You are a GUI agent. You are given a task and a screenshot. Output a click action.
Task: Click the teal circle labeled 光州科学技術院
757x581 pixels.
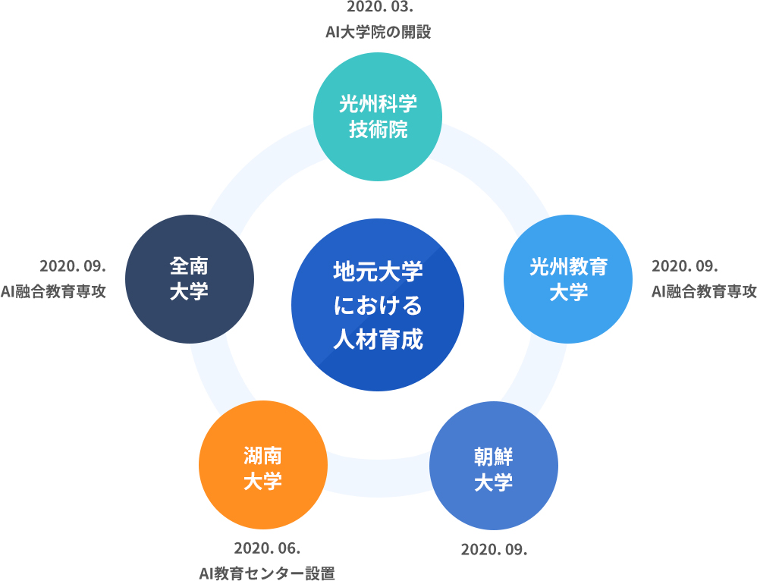point(378,117)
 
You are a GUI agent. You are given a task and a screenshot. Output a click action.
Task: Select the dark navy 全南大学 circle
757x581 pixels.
point(190,279)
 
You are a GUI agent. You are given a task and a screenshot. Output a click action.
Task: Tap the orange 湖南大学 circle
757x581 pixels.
point(263,465)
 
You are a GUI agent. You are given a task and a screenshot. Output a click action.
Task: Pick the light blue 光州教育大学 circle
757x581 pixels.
point(567,279)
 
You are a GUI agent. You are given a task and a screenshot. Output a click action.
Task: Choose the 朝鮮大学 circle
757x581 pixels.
point(493,466)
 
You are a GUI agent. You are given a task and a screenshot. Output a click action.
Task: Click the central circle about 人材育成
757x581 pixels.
point(378,305)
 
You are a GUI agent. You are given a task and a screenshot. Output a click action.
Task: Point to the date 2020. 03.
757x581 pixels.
point(380,8)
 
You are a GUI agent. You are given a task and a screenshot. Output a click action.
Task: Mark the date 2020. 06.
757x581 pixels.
point(267,548)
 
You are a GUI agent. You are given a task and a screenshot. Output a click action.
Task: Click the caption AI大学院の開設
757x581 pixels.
point(378,33)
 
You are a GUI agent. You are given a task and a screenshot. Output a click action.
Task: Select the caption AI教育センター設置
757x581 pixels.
point(267,573)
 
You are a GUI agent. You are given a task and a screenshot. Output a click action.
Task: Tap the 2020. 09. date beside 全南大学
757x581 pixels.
point(72,266)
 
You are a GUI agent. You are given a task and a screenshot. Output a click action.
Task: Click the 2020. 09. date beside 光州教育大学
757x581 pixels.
point(685,266)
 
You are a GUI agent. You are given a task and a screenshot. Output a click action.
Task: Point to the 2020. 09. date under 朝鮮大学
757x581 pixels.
point(494,550)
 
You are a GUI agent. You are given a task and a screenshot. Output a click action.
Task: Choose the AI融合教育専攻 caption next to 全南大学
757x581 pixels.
point(53,292)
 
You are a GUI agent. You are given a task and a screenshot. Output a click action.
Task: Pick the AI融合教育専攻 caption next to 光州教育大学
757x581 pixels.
point(704,292)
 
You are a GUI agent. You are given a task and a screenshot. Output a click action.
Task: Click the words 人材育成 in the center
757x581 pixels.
point(378,339)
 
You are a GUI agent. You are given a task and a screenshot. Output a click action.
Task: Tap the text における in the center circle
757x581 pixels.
point(378,305)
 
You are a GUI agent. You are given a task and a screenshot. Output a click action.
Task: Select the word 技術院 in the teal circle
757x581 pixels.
point(378,130)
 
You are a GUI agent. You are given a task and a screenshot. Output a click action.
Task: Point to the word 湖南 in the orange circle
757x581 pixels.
point(262,455)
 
